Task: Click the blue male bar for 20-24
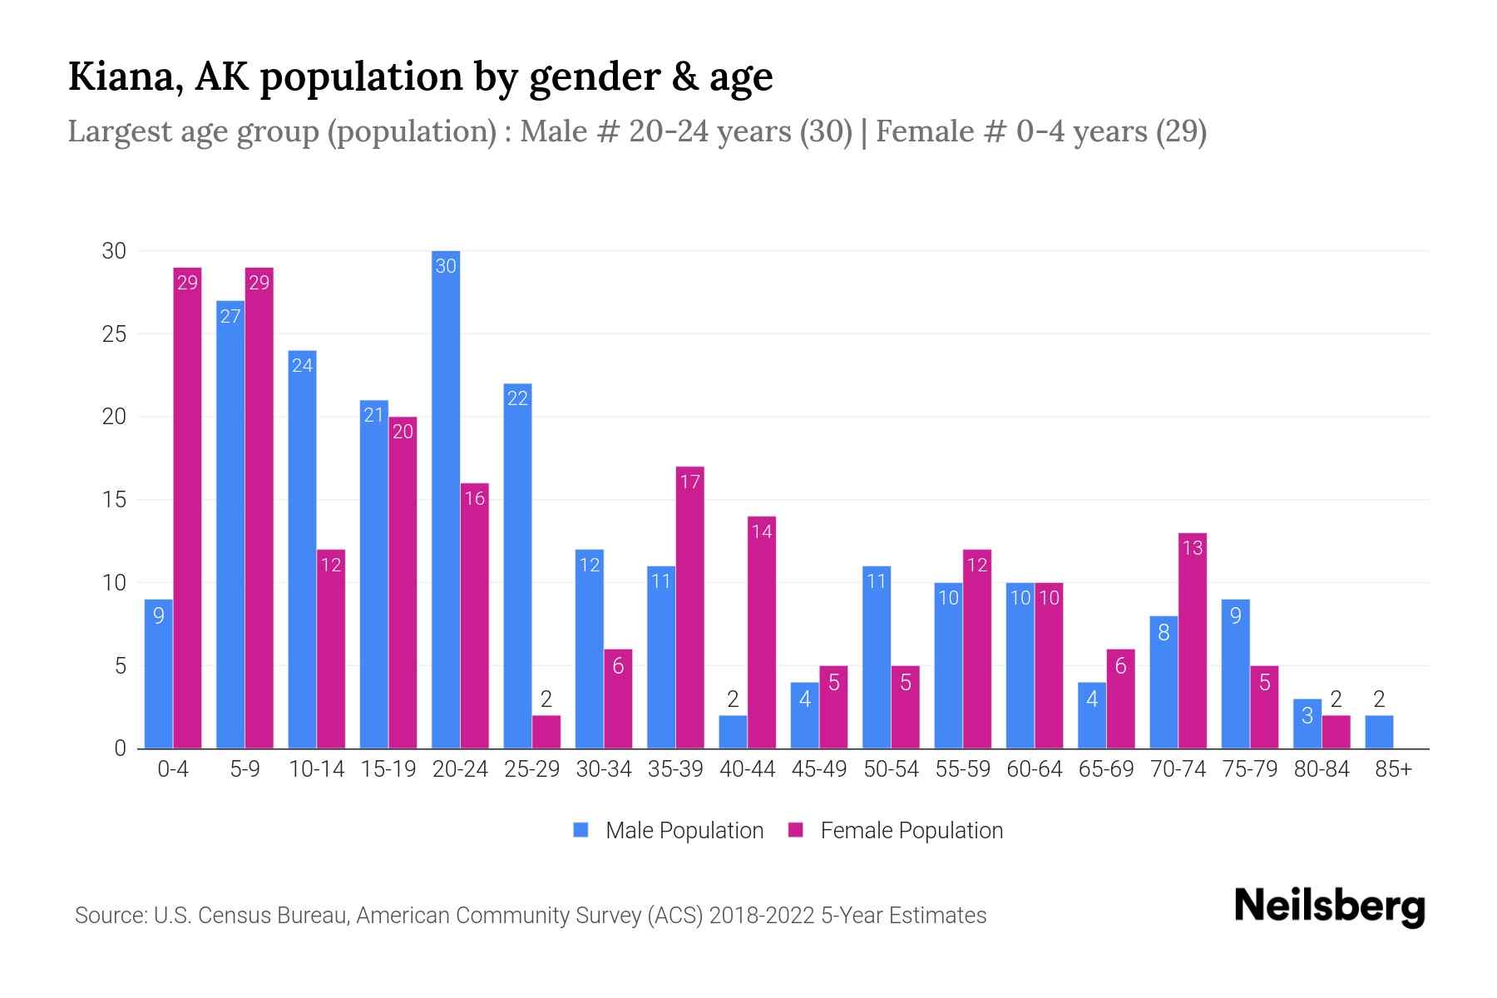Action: [x=446, y=499]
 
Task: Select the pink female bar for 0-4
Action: [x=187, y=507]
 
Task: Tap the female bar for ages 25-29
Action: [x=546, y=732]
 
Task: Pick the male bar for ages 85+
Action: [x=1379, y=732]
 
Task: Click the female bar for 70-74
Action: [x=1192, y=640]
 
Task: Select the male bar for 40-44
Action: [x=733, y=732]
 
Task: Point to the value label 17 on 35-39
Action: [x=689, y=482]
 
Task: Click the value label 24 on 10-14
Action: [x=302, y=365]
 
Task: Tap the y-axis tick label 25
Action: [x=114, y=334]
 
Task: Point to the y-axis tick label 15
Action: [x=114, y=500]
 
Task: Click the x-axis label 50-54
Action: [x=891, y=769]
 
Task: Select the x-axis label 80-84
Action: [x=1321, y=769]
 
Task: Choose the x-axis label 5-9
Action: [x=245, y=769]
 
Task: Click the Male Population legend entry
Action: [x=684, y=831]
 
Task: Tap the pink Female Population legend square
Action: [x=796, y=830]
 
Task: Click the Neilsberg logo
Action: [x=1329, y=907]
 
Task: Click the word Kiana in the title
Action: [x=125, y=77]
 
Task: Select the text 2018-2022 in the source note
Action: [x=761, y=916]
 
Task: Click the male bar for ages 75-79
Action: [x=1235, y=674]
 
